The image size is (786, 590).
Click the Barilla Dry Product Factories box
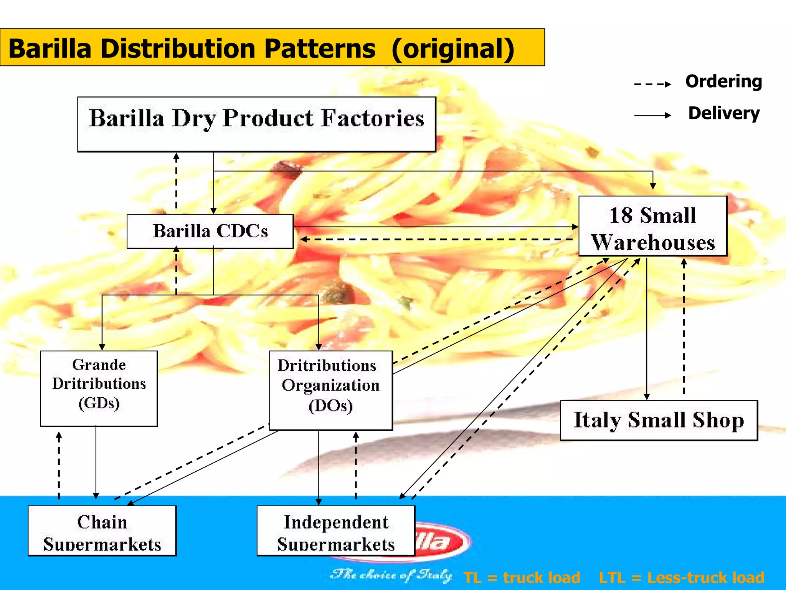256,124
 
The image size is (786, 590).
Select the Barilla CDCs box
210,231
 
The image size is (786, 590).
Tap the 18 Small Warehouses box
652,226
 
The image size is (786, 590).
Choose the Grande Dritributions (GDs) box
99,388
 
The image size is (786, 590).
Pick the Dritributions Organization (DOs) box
330,390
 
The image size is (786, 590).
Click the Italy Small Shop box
659,420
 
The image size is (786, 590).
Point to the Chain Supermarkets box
102,530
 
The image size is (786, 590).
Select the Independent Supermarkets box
336,530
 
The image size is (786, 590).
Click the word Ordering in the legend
723,81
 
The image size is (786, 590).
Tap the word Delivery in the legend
724,113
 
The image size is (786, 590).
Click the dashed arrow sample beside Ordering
652,84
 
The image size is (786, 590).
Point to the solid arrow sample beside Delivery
652,115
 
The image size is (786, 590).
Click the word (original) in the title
453,49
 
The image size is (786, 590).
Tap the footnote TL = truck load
522,577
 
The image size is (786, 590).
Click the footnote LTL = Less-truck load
681,577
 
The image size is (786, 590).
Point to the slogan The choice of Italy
391,575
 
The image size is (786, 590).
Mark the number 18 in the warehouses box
621,215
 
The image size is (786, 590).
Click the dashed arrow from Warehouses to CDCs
438,240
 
